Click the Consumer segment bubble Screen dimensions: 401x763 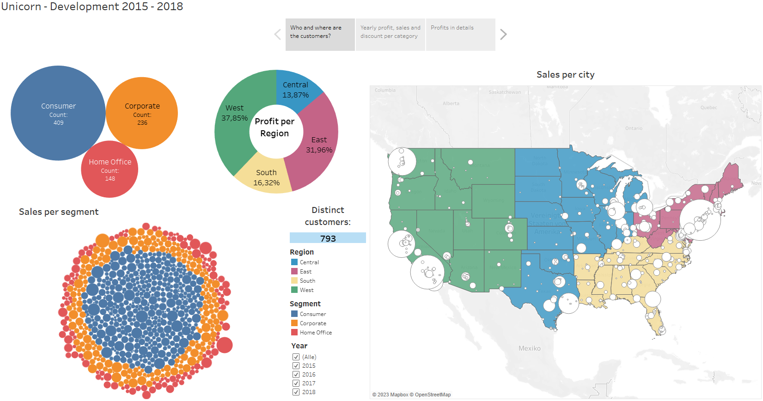click(58, 113)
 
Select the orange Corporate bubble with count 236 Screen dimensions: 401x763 click(142, 113)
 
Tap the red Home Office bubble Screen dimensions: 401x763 click(110, 170)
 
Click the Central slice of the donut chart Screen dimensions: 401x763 click(296, 90)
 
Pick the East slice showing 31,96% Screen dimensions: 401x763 click(319, 145)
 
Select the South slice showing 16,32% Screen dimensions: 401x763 click(266, 178)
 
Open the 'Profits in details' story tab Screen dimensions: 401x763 click(460, 35)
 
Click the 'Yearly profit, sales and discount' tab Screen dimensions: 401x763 click(390, 35)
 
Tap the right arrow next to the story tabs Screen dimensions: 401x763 click(503, 35)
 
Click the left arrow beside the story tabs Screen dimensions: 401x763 click(277, 35)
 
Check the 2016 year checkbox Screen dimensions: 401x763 click(296, 375)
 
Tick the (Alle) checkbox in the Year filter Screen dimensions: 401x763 click(296, 357)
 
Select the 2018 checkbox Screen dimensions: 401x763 click(296, 392)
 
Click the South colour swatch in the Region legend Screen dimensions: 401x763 click(294, 281)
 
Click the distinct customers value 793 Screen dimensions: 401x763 click(328, 238)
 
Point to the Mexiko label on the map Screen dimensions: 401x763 click(529, 348)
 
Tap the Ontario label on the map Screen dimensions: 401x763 click(634, 128)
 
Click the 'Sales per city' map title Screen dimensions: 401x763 click(565, 75)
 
